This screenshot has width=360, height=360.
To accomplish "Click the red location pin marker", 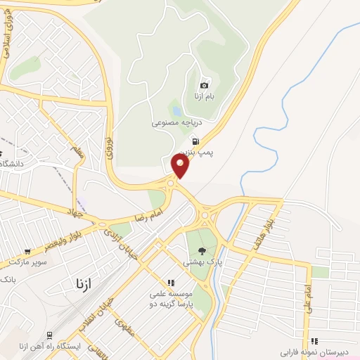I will click(181, 166).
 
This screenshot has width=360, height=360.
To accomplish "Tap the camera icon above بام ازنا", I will click(205, 85).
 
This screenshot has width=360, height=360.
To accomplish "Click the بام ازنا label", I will click(204, 96).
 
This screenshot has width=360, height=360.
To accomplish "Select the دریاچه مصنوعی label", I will click(172, 122).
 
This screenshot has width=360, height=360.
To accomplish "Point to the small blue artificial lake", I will click(176, 110).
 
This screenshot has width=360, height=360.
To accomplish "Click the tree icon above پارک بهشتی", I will click(202, 250).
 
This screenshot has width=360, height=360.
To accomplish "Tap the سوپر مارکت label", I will click(28, 262).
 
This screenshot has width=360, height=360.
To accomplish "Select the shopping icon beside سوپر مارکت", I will click(27, 251).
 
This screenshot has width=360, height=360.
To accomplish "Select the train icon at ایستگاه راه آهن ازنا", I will click(49, 335).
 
